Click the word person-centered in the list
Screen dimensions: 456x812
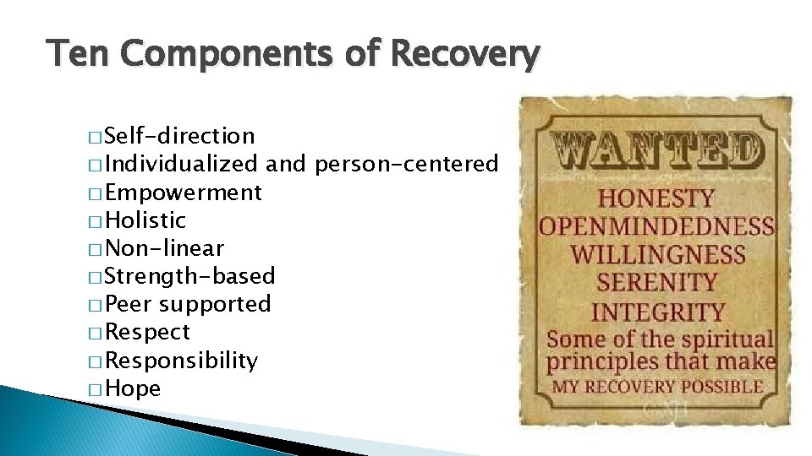pyautogui.click(x=406, y=164)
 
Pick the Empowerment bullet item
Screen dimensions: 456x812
pyautogui.click(x=184, y=193)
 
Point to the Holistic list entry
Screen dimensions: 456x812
pyautogui.click(x=145, y=220)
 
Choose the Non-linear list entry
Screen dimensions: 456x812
pyautogui.click(x=165, y=248)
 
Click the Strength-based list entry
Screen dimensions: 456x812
pyautogui.click(x=190, y=276)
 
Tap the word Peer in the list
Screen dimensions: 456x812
pyautogui.click(x=129, y=304)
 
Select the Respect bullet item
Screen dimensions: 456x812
pyautogui.click(x=148, y=332)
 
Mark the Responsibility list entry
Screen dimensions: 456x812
pyautogui.click(x=182, y=361)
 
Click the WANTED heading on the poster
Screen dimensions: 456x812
pyautogui.click(x=657, y=152)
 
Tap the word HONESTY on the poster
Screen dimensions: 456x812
pyautogui.click(x=657, y=199)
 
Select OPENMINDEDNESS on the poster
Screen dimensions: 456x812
pyautogui.click(x=657, y=226)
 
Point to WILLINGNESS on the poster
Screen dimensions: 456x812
pyautogui.click(x=657, y=254)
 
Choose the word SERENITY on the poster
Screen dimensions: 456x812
pyautogui.click(x=657, y=282)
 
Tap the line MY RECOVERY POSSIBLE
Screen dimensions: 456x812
pyautogui.click(x=657, y=388)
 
